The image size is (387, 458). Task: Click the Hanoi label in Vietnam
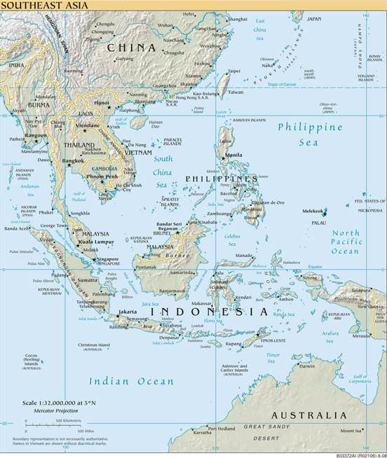pyautogui.click(x=102, y=102)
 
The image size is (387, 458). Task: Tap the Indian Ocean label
pyautogui.click(x=131, y=381)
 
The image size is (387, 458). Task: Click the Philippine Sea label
pyautogui.click(x=309, y=134)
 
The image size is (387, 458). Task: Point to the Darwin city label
pyautogui.click(x=307, y=366)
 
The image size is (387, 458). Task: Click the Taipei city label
pyautogui.click(x=234, y=71)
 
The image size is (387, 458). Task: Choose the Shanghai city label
pyautogui.click(x=238, y=19)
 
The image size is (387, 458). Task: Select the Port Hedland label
pyautogui.click(x=222, y=428)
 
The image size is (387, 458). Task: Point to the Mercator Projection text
pyautogui.click(x=46, y=410)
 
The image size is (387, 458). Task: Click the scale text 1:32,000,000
pyautogui.click(x=56, y=403)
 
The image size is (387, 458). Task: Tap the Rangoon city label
pyautogui.click(x=35, y=135)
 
